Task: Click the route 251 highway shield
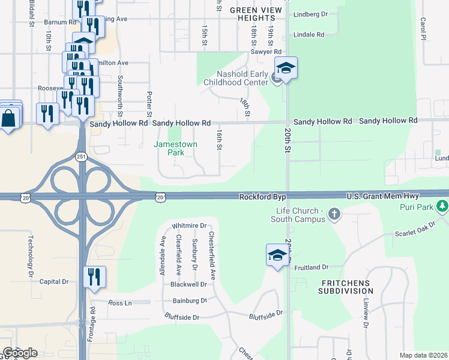pyautogui.click(x=81, y=157)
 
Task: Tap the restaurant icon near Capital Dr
pyautogui.click(x=95, y=277)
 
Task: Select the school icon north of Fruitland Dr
pyautogui.click(x=277, y=254)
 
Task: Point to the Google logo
pyautogui.click(x=20, y=353)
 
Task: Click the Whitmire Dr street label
pyautogui.click(x=189, y=226)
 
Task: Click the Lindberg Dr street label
pyautogui.click(x=310, y=14)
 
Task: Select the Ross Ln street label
pyautogui.click(x=119, y=303)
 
